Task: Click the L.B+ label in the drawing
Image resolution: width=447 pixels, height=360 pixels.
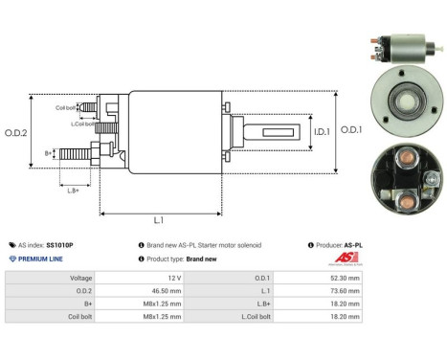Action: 75,191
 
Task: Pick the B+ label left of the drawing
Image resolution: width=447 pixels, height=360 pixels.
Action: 49,152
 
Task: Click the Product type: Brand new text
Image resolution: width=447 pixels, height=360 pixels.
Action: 179,259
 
